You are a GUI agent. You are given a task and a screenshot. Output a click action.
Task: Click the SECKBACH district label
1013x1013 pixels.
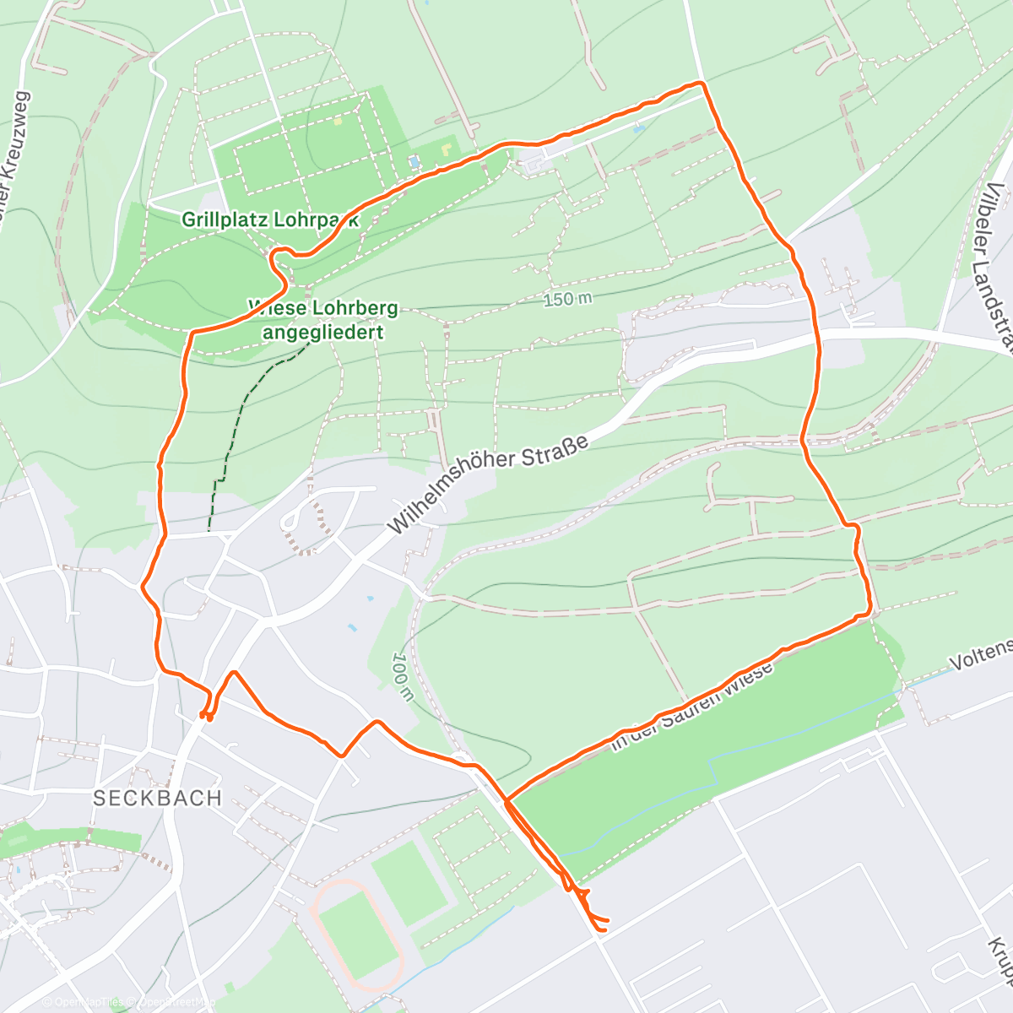pos(157,798)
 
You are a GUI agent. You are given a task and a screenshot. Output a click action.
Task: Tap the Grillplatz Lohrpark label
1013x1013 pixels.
pos(270,220)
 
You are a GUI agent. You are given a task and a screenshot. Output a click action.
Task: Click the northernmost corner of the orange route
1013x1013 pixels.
pos(700,83)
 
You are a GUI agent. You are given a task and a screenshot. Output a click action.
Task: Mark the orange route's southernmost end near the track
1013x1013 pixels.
pos(601,929)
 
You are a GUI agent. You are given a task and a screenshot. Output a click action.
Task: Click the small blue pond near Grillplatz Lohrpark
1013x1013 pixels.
pos(413,160)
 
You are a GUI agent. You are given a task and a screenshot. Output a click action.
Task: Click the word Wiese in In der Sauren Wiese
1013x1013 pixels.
pos(748,680)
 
